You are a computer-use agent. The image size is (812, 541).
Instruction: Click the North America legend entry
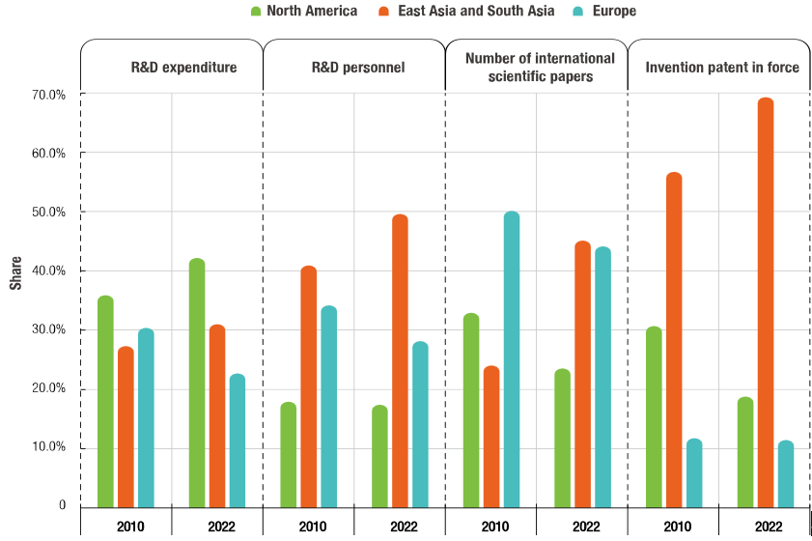(x=303, y=12)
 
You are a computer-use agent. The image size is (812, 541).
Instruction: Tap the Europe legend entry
(x=607, y=12)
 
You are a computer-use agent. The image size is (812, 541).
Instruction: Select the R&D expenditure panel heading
(x=183, y=68)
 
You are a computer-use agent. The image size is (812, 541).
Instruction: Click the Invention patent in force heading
(x=722, y=68)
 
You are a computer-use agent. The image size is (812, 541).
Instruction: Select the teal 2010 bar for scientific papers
(x=512, y=358)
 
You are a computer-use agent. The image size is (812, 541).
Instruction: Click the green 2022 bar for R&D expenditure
(x=197, y=382)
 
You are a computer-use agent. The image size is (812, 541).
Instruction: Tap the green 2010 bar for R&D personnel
(x=288, y=454)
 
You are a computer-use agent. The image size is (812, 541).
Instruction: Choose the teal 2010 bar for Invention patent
(x=694, y=472)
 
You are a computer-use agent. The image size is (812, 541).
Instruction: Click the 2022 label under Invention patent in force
(x=769, y=527)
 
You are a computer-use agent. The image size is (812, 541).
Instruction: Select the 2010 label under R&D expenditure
(x=129, y=527)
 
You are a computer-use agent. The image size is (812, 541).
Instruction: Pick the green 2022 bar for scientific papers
(x=562, y=438)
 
